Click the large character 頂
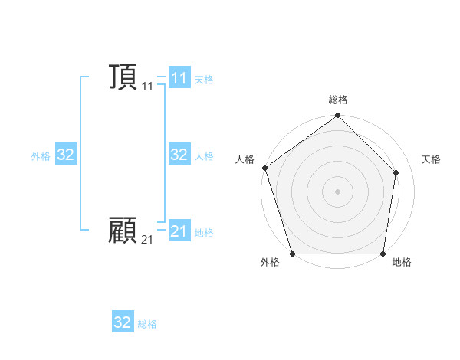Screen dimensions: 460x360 point(123,77)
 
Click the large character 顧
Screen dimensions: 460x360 point(123,231)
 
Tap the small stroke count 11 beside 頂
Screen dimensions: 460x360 point(147,87)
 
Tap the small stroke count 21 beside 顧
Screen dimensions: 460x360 point(147,241)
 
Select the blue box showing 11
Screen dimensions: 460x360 point(179,78)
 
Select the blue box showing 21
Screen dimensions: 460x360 point(179,231)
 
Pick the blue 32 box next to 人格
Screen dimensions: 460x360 point(179,155)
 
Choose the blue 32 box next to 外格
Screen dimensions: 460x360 point(65,155)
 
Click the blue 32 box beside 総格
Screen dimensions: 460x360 point(123,322)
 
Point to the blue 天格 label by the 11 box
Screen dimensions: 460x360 point(204,80)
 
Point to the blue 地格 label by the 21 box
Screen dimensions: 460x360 point(204,233)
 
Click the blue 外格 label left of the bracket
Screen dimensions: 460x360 point(41,156)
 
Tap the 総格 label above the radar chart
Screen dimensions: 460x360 point(338,100)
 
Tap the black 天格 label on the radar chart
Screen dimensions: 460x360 point(432,159)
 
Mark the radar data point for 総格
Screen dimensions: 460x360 point(338,116)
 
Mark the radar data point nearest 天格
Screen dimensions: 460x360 point(396,172)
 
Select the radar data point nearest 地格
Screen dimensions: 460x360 point(383,254)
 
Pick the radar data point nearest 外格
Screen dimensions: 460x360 point(293,254)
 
